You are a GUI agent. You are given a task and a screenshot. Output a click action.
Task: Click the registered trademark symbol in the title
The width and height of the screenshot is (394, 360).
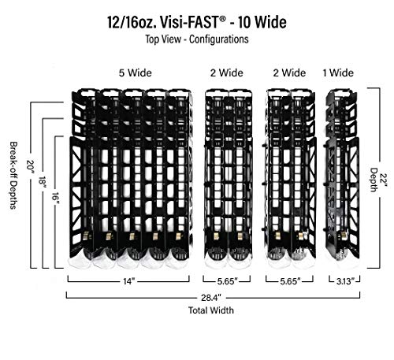point(222,18)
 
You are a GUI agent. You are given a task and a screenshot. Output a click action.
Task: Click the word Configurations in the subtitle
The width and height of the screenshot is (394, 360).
point(219,39)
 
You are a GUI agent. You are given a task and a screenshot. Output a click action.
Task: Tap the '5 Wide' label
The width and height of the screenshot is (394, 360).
point(136,72)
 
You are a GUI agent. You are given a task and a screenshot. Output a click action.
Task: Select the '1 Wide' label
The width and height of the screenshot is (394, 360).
point(338,72)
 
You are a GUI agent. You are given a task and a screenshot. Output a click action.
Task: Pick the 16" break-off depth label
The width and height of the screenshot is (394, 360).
point(55,199)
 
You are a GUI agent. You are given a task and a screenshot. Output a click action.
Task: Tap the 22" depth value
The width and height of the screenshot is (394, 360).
point(384,180)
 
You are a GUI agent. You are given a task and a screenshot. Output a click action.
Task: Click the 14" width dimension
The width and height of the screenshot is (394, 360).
point(129,281)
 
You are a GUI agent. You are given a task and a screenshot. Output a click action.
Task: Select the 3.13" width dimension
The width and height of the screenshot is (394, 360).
point(344,281)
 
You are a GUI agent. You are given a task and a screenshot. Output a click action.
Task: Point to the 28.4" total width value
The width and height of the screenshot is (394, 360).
point(211,298)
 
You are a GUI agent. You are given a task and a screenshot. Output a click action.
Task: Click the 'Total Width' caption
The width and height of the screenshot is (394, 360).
point(211,310)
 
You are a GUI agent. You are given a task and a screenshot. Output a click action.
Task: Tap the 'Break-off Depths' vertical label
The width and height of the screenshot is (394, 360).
point(13,176)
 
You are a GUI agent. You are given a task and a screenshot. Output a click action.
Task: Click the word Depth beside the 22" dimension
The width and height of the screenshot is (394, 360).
point(374,180)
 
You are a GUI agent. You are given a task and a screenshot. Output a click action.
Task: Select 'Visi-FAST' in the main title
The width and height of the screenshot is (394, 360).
point(189,22)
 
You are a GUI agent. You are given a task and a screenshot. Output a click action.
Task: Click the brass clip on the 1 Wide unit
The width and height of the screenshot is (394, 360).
point(343,235)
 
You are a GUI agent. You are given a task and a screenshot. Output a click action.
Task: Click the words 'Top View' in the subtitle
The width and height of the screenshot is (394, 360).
point(163,39)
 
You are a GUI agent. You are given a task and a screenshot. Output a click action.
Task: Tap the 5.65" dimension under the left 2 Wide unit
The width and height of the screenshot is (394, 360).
point(227,281)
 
